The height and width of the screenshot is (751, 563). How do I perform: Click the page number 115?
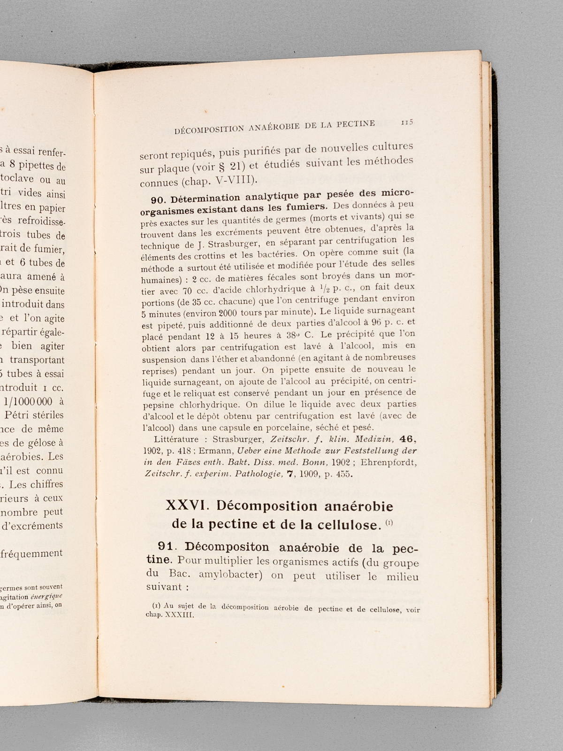click(x=406, y=122)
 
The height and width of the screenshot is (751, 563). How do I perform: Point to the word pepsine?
click(x=158, y=405)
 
